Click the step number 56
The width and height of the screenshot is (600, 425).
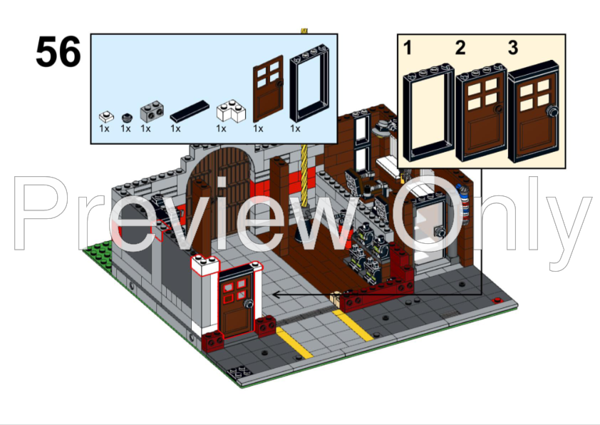pyautogui.click(x=58, y=52)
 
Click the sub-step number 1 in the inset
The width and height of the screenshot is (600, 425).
pyautogui.click(x=408, y=48)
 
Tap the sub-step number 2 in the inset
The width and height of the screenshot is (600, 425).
pyautogui.click(x=460, y=48)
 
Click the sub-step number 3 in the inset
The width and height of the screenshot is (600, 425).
pyautogui.click(x=513, y=48)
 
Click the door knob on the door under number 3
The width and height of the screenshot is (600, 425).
pyautogui.click(x=552, y=112)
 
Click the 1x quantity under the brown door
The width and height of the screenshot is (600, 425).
pyautogui.click(x=258, y=129)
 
